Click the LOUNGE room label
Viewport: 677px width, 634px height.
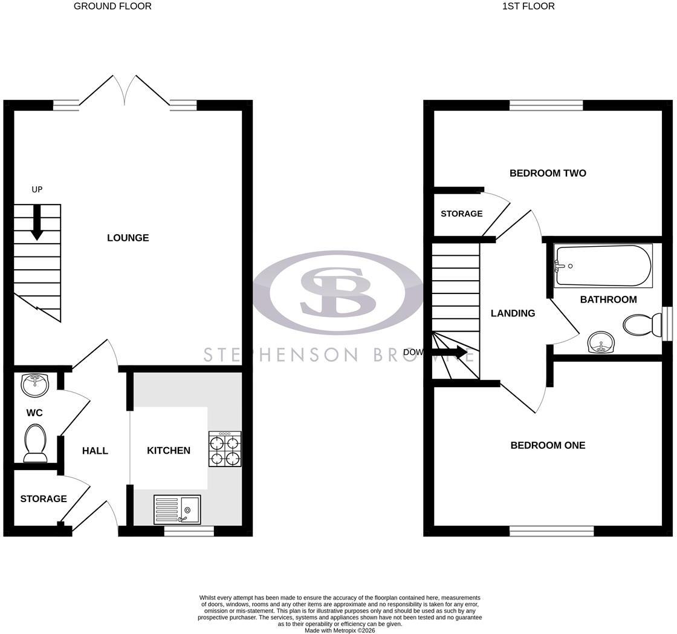[128, 238]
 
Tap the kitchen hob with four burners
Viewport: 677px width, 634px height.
[224, 449]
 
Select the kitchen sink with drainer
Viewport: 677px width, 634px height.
[177, 509]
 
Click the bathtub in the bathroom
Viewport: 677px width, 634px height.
[603, 266]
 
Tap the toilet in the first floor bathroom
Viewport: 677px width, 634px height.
[643, 325]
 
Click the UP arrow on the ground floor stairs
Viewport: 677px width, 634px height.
[37, 222]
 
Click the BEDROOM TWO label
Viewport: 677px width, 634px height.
[548, 173]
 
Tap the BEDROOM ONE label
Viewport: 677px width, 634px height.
[548, 445]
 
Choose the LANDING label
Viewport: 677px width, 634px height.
[513, 313]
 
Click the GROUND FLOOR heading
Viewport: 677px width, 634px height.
[112, 6]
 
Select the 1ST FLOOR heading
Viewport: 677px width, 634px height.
[528, 6]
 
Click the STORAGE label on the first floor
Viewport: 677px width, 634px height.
[462, 214]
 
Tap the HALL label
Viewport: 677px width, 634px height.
[95, 451]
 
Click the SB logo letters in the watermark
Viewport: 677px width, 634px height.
[338, 291]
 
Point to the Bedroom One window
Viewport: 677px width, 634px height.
[552, 531]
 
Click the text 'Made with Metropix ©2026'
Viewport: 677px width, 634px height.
[340, 630]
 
